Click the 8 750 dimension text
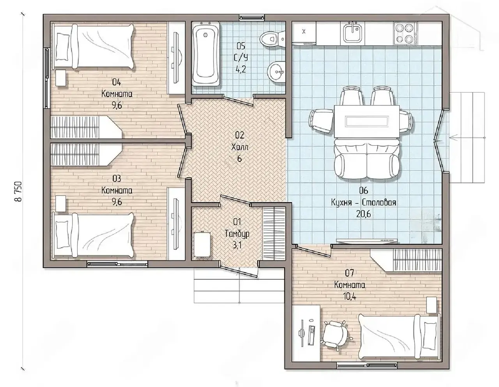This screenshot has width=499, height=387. click(x=18, y=191)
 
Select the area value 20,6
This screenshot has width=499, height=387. click(x=363, y=214)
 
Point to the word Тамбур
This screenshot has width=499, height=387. click(x=237, y=234)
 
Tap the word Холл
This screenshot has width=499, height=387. click(x=239, y=147)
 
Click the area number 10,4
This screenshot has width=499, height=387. click(x=349, y=297)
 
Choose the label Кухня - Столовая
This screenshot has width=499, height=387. click(x=363, y=202)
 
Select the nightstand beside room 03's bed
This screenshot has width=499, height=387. click(x=61, y=203)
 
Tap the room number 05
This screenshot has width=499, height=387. click(x=241, y=46)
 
